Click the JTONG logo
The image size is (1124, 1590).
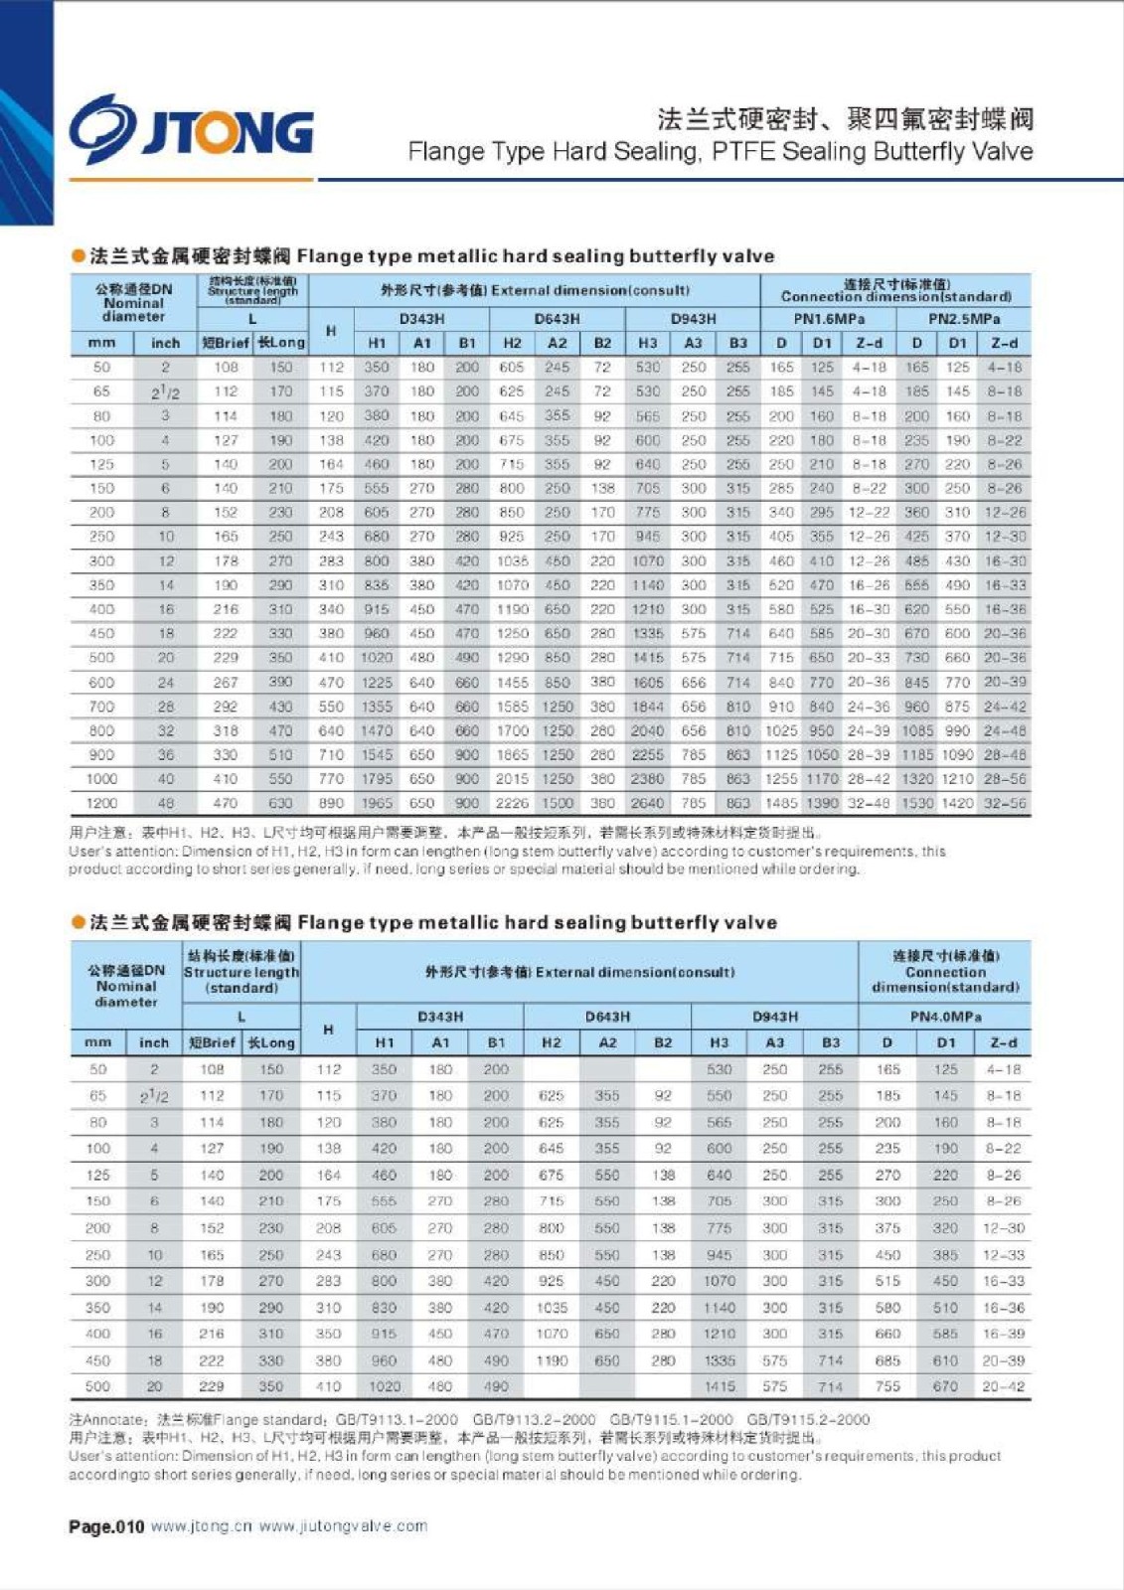[191, 126]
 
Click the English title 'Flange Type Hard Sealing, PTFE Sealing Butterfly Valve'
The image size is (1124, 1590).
[720, 152]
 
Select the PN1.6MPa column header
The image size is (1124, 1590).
[829, 319]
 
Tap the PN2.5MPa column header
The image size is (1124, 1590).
[963, 319]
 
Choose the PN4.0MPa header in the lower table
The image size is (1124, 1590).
[945, 1017]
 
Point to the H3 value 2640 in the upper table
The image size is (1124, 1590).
[647, 803]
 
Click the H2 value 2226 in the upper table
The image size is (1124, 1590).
[512, 803]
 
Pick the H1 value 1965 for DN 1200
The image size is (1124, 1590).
[377, 803]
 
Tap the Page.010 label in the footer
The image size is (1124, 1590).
[106, 1526]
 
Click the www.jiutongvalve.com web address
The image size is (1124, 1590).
[343, 1526]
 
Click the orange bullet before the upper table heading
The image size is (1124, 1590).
[79, 256]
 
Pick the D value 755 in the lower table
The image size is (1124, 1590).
[886, 1386]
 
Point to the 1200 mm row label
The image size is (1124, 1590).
[101, 803]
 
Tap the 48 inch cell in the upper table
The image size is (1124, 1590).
[165, 803]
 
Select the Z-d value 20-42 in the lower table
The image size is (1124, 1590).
[1004, 1386]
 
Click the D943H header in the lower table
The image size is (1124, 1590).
[774, 1017]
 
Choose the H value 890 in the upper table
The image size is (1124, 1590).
[331, 803]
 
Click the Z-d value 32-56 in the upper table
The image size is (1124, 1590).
[1004, 803]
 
